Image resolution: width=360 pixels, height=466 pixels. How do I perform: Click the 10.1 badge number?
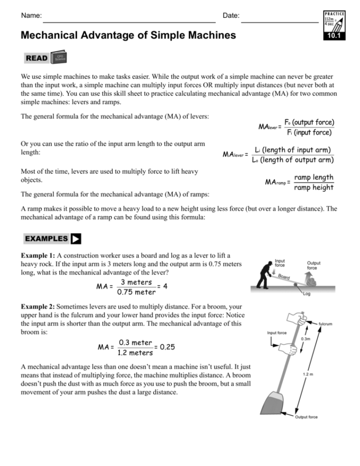pos(334,35)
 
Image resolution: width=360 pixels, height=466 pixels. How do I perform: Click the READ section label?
pos(37,58)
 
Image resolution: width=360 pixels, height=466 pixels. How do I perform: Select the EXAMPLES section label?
pos(47,238)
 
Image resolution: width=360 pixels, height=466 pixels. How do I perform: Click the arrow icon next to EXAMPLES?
pos(75,238)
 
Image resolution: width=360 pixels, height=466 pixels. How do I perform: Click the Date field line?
pos(280,22)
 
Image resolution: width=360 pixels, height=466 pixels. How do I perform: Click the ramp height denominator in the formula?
pos(313,188)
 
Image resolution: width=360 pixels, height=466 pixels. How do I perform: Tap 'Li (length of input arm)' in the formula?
pos(293,150)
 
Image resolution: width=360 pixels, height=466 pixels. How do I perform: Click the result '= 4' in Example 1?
pos(161,286)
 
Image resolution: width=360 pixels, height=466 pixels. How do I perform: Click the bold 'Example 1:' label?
pos(38,255)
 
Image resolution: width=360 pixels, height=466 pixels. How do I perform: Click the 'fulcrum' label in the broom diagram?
pos(325,324)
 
